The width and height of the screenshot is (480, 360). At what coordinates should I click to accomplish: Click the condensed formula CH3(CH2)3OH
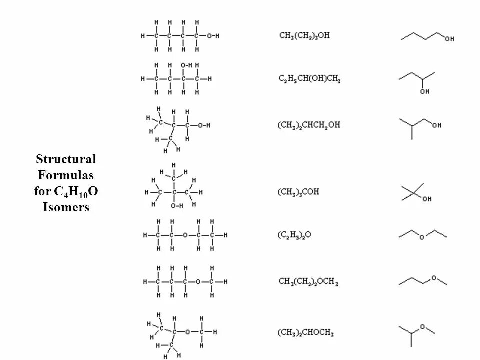coord(304,36)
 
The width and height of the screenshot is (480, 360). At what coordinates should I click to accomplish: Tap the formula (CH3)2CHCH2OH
coord(308,125)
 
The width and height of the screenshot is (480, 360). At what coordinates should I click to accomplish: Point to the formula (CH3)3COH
coord(298,192)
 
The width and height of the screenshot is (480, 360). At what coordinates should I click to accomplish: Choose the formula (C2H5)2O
coord(294,235)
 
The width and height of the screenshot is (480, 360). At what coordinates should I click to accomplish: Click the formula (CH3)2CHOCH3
coord(305,332)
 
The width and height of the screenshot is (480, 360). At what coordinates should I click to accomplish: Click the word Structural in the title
coord(66,159)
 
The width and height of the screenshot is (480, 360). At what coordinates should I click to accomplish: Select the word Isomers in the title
coord(66,207)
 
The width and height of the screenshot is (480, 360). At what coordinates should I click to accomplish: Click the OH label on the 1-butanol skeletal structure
coord(450,38)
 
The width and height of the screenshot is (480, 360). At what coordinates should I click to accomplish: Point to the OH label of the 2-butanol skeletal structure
coord(425,91)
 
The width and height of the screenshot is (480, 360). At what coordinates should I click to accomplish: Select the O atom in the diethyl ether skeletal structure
coord(421,238)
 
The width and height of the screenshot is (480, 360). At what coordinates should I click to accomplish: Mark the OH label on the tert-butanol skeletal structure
coord(427,199)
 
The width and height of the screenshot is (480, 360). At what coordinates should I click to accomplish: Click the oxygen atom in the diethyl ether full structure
coord(185,235)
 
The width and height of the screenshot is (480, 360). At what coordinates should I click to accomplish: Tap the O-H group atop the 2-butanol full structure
coord(186,65)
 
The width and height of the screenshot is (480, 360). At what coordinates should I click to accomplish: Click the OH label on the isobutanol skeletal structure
coord(436,125)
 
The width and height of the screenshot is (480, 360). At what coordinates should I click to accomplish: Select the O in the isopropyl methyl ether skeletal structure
coord(422,327)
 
